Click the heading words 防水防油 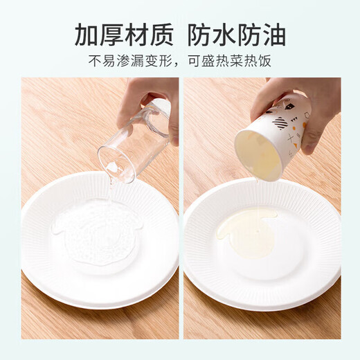(x=237, y=33)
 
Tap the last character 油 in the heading (x=273, y=33)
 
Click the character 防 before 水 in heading (x=200, y=33)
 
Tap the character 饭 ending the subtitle (x=264, y=61)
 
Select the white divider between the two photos (x=181, y=208)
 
